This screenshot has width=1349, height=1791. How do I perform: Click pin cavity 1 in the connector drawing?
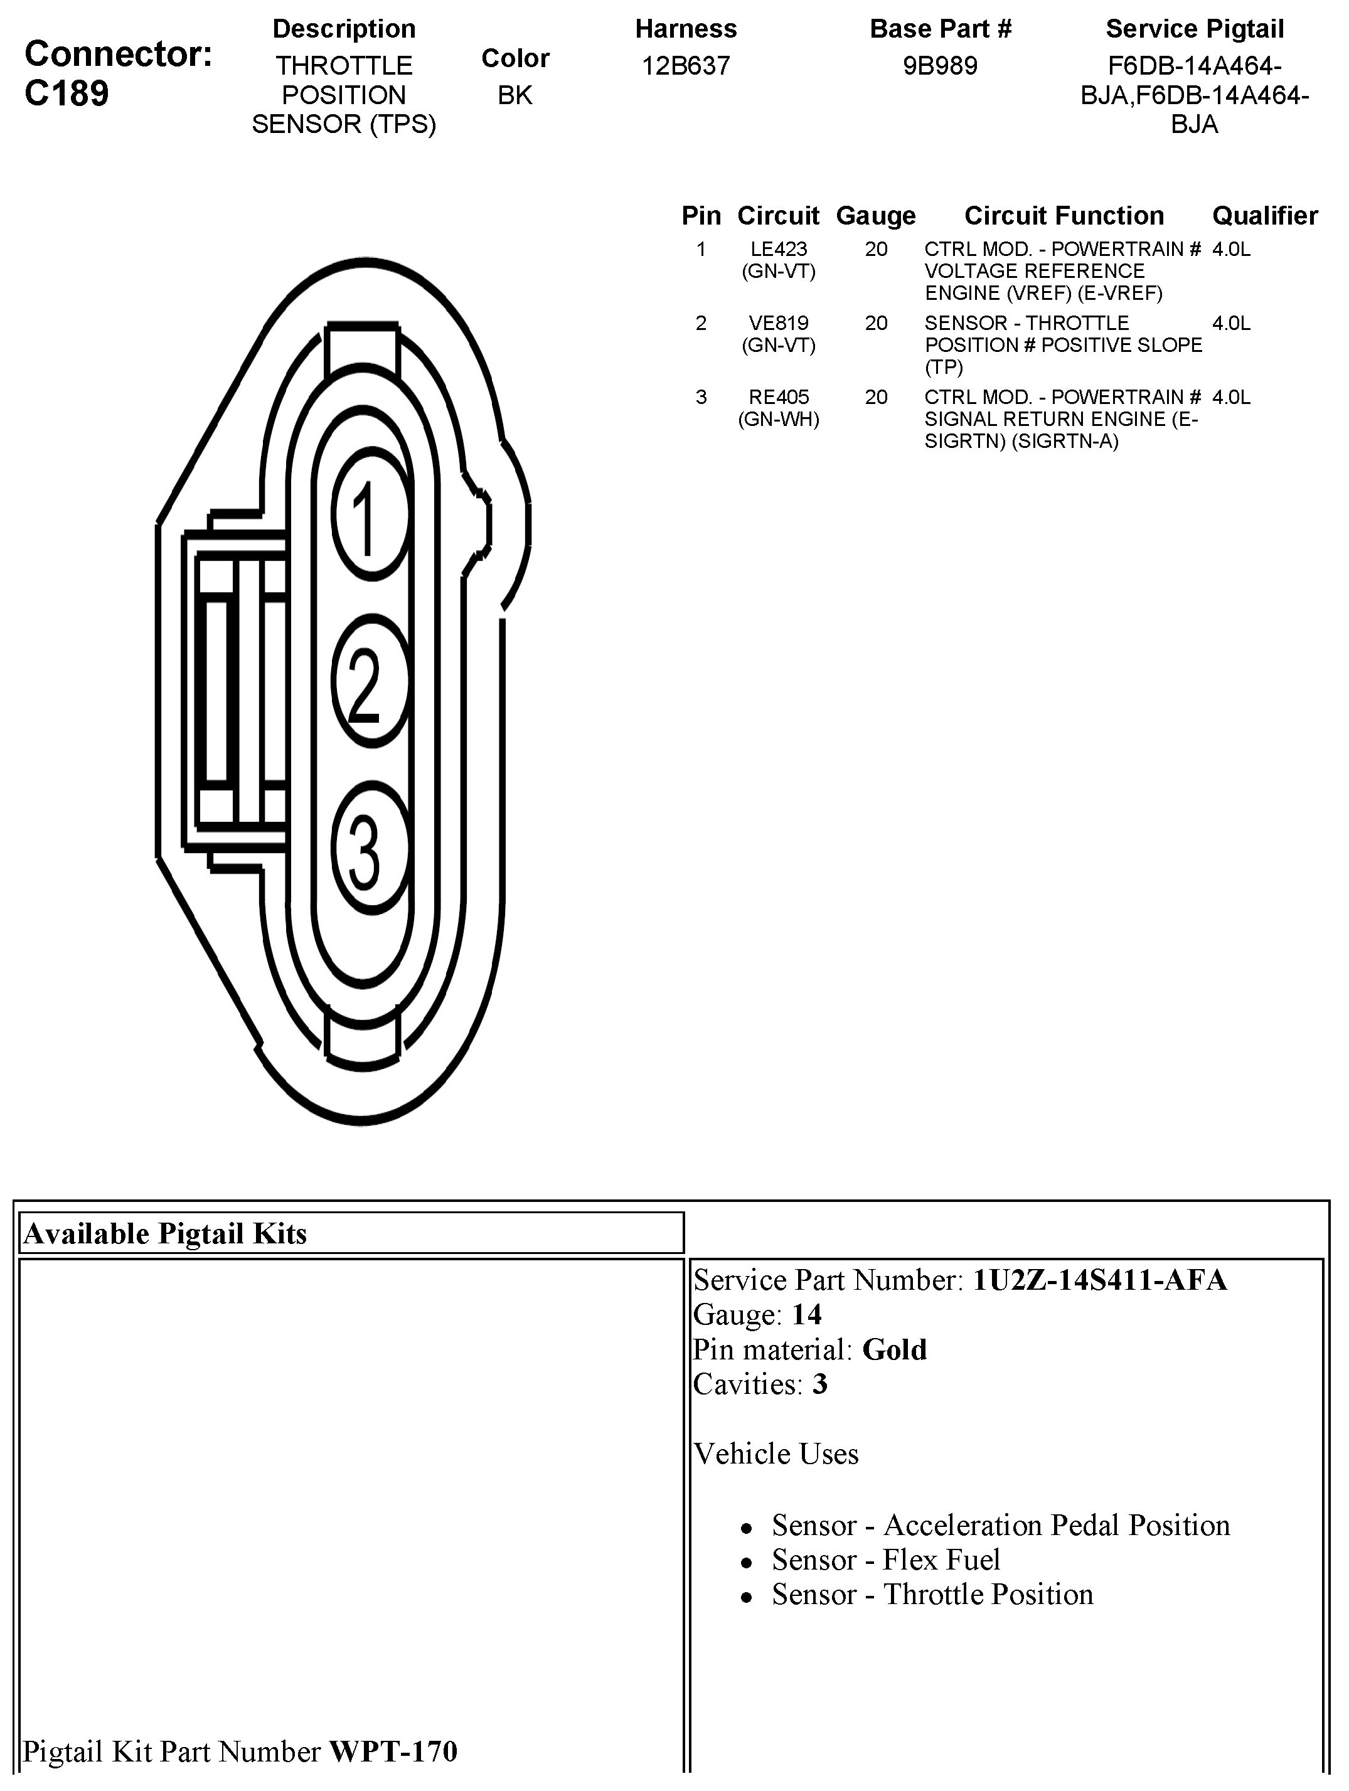(371, 518)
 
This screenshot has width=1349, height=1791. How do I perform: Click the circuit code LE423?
(778, 250)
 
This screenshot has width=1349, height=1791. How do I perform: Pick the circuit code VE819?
(778, 324)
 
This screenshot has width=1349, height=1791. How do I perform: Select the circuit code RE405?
(778, 398)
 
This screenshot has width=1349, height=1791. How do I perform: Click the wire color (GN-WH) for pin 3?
(778, 420)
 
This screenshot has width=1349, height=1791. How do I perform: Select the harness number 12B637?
(686, 66)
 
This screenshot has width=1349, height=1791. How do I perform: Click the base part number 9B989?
(940, 66)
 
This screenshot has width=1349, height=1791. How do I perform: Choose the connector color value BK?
(515, 95)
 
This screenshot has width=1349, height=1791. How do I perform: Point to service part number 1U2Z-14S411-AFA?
(1099, 1280)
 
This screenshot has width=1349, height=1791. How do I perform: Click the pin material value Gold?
(894, 1350)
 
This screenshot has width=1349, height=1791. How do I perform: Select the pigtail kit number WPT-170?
(393, 1752)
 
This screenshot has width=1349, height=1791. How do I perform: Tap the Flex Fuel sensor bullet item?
(886, 1560)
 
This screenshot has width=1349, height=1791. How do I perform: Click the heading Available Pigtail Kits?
(165, 1234)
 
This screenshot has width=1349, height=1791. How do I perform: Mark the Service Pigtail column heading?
(1195, 29)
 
